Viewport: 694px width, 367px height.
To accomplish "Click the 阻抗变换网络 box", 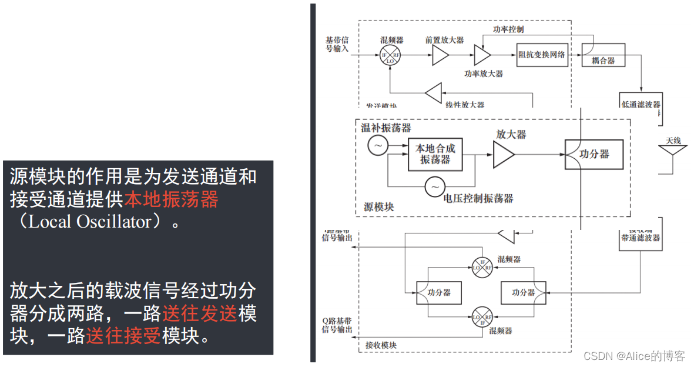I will (542, 55).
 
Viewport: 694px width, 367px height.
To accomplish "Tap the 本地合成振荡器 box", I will (435, 154).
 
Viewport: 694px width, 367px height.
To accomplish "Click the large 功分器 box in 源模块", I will (594, 154).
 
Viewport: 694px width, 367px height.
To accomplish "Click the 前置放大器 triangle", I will (440, 55).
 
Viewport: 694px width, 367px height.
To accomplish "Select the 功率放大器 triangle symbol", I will (482, 55).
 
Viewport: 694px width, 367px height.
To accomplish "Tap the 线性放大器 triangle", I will (434, 93).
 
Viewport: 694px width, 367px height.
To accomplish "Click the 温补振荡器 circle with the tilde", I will (377, 145).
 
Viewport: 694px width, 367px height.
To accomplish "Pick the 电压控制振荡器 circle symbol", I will (434, 187).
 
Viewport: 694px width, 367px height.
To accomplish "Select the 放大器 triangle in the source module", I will (504, 154).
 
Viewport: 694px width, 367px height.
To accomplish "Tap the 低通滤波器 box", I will (641, 104).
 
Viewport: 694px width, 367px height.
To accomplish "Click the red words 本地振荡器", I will (171, 200).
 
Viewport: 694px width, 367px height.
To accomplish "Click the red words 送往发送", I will (200, 313).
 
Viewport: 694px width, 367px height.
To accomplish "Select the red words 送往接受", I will (123, 336).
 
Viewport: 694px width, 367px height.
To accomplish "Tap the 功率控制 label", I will (508, 29).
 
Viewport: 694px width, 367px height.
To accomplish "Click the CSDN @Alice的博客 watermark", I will (633, 356).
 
